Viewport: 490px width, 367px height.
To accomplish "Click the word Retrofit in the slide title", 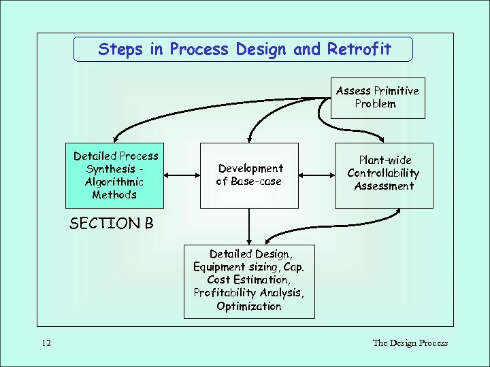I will pyautogui.click(x=359, y=50).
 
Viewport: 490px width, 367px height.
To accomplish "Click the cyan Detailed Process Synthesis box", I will pyautogui.click(x=114, y=175).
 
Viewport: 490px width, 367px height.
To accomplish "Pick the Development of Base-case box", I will pyautogui.click(x=249, y=175).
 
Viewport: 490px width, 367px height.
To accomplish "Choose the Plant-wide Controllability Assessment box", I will pyautogui.click(x=384, y=175).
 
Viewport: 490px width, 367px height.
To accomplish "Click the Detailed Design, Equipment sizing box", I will pyautogui.click(x=249, y=281).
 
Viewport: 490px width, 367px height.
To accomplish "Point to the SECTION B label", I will pyautogui.click(x=112, y=224).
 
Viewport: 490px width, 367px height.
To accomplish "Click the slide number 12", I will pyautogui.click(x=46, y=343).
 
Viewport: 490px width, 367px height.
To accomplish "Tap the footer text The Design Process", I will pyautogui.click(x=410, y=343).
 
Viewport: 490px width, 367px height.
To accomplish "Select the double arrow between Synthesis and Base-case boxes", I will pyautogui.click(x=182, y=175).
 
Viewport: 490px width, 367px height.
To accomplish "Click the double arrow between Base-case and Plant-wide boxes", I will pyautogui.click(x=316, y=175).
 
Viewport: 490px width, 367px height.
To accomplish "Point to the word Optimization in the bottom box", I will pyautogui.click(x=249, y=307).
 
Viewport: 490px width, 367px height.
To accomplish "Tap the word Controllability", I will pyautogui.click(x=384, y=173).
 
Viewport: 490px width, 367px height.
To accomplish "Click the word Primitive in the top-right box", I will pyautogui.click(x=396, y=91).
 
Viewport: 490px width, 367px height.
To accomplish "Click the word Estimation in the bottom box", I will pyautogui.click(x=261, y=280).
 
